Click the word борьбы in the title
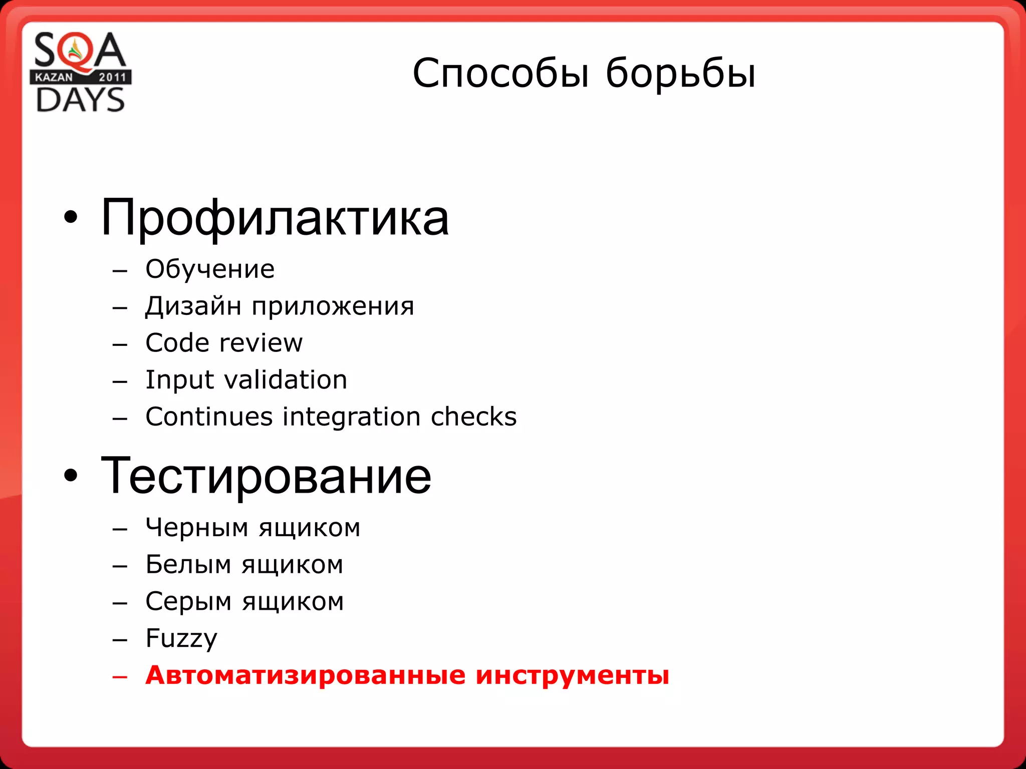[680, 74]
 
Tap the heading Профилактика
[275, 218]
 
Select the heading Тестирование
[266, 477]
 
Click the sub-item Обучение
[210, 269]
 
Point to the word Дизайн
[193, 306]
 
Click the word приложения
[333, 306]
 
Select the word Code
[177, 343]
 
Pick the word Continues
[209, 417]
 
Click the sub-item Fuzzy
[181, 639]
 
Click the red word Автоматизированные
[305, 675]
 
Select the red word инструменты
[572, 675]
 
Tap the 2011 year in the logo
[112, 77]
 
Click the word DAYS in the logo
[80, 100]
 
